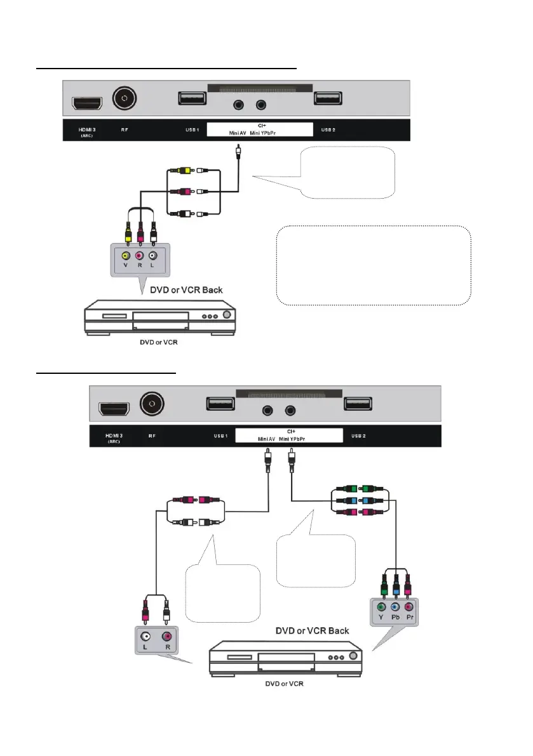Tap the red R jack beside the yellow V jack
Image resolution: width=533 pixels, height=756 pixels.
pyautogui.click(x=140, y=255)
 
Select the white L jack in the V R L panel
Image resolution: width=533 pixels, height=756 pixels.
pyautogui.click(x=152, y=255)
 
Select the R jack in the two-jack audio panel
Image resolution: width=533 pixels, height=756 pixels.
pyautogui.click(x=167, y=635)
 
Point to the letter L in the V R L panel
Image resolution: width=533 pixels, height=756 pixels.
pyautogui.click(x=152, y=267)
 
